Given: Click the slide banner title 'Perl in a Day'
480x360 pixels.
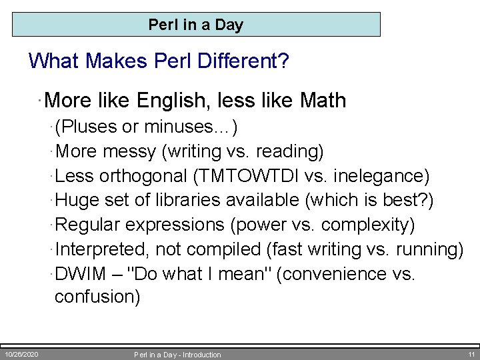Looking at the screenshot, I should [x=196, y=25].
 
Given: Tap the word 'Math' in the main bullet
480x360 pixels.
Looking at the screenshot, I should [x=323, y=101].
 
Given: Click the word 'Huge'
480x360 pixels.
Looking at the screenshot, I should [x=75, y=200].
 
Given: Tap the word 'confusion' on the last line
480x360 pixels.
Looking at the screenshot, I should [x=97, y=297].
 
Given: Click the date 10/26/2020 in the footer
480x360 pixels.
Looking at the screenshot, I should [x=21, y=354].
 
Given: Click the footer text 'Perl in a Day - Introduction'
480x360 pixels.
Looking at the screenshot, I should [x=177, y=355].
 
